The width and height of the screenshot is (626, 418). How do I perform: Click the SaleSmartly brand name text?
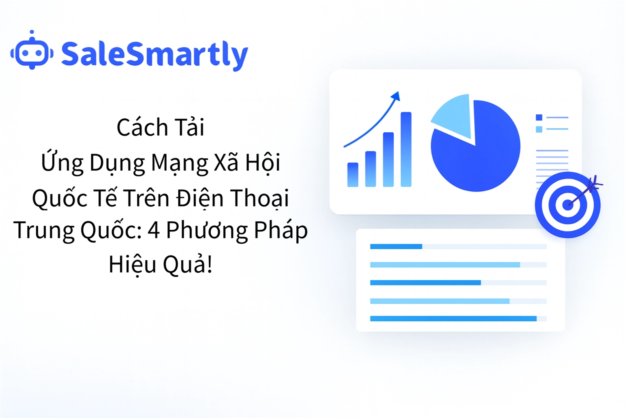coord(154,54)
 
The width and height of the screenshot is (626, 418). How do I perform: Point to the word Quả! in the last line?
coord(187,265)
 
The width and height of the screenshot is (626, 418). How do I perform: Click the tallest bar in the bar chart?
coord(406,149)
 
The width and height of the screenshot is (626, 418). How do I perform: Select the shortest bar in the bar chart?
coord(353,175)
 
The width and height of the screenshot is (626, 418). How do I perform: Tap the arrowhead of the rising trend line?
coord(396,96)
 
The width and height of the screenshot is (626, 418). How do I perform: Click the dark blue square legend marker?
coord(539,118)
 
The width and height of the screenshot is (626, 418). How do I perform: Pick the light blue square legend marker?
coord(539,129)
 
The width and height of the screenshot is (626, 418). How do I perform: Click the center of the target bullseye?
coord(567,205)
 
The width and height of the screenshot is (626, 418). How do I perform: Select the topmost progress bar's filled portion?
coord(396,247)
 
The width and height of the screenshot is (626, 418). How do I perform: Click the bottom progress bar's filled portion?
coord(453,319)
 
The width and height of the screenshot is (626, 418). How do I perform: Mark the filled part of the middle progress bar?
coord(425,282)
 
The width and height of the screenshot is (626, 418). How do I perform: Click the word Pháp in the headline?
coord(280,230)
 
